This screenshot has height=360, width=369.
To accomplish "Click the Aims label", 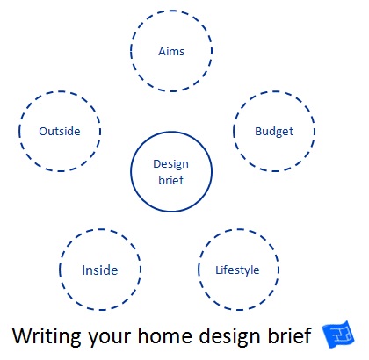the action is click(x=171, y=52).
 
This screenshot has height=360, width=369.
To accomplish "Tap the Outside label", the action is click(x=60, y=131).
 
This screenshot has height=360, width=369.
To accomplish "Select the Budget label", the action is click(x=274, y=132).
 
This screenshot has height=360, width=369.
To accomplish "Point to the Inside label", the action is click(x=100, y=270).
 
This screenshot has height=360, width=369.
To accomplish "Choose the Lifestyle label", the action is click(x=237, y=270).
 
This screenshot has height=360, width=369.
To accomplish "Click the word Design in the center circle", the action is click(x=171, y=164).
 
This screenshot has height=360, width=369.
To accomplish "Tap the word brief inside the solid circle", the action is click(x=171, y=180).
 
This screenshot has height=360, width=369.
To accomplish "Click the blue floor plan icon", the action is click(x=338, y=335).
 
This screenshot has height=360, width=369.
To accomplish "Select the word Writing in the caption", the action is click(x=47, y=336).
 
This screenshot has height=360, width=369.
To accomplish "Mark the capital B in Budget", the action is click(x=258, y=131).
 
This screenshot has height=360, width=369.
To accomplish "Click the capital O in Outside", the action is click(x=43, y=132).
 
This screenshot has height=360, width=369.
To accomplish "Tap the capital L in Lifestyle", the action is click(x=218, y=270).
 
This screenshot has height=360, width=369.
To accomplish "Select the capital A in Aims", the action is click(x=163, y=52).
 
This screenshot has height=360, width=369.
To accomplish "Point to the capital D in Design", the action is click(x=157, y=164).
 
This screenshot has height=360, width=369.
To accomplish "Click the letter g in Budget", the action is click(x=280, y=133).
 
